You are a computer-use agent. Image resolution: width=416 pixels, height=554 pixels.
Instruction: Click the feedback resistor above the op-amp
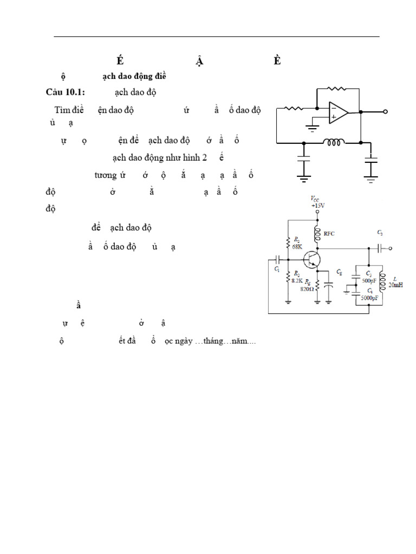click(x=336, y=88)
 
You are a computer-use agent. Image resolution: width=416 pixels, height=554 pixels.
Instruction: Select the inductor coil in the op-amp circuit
click(x=334, y=143)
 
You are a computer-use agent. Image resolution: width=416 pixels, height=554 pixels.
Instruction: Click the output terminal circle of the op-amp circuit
click(x=385, y=112)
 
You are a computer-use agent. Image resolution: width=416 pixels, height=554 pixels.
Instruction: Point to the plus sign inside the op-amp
click(x=333, y=116)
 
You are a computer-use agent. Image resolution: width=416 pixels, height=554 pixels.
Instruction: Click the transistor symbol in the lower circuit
click(x=312, y=259)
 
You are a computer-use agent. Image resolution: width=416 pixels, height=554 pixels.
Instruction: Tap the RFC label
click(x=329, y=234)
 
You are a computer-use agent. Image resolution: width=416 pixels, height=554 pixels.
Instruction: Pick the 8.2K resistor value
click(x=296, y=281)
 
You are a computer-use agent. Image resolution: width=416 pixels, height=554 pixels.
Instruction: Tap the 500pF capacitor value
click(x=368, y=280)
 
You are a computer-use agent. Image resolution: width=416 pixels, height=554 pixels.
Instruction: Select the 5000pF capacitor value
click(x=370, y=298)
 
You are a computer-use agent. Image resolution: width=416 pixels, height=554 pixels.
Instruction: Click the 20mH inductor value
click(x=395, y=285)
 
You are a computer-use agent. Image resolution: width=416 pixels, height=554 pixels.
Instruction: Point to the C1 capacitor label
click(x=277, y=269)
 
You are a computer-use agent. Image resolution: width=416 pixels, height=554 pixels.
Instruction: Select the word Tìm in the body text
click(x=63, y=110)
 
